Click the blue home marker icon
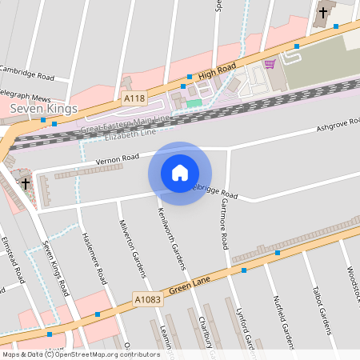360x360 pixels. coord(180,173)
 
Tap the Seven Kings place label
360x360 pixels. coord(43,108)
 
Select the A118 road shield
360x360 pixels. coord(135,98)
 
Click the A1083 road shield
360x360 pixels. coord(145,298)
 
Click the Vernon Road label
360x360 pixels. coord(118,159)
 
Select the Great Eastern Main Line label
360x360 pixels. coord(125,123)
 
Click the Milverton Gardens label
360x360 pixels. coord(133,247)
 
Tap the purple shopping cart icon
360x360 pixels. coord(270,63)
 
